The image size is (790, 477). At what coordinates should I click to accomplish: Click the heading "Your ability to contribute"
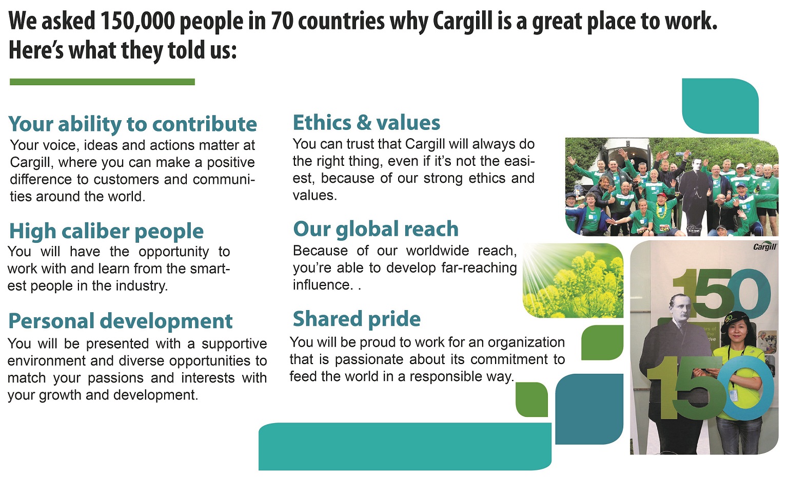[x=132, y=124]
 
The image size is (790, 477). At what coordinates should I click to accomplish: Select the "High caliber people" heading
[x=107, y=231]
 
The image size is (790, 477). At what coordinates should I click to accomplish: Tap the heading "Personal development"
[x=120, y=321]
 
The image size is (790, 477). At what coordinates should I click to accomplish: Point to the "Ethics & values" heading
[x=366, y=123]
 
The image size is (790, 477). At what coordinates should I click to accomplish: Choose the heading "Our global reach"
[x=376, y=229]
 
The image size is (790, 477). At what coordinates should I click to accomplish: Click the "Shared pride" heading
[x=357, y=319]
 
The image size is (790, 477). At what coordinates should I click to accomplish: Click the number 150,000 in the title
[x=138, y=21]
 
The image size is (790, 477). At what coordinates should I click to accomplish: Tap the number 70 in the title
[x=282, y=21]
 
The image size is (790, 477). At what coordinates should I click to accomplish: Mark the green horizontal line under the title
[x=102, y=82]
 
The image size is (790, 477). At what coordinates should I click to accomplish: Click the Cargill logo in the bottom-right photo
[x=764, y=246]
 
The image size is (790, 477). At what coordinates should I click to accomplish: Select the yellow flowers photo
[x=573, y=281]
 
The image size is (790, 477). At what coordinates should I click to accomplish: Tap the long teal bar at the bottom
[x=405, y=446]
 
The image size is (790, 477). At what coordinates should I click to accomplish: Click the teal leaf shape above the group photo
[x=720, y=106]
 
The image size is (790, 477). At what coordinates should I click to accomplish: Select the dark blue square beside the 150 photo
[x=589, y=409]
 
